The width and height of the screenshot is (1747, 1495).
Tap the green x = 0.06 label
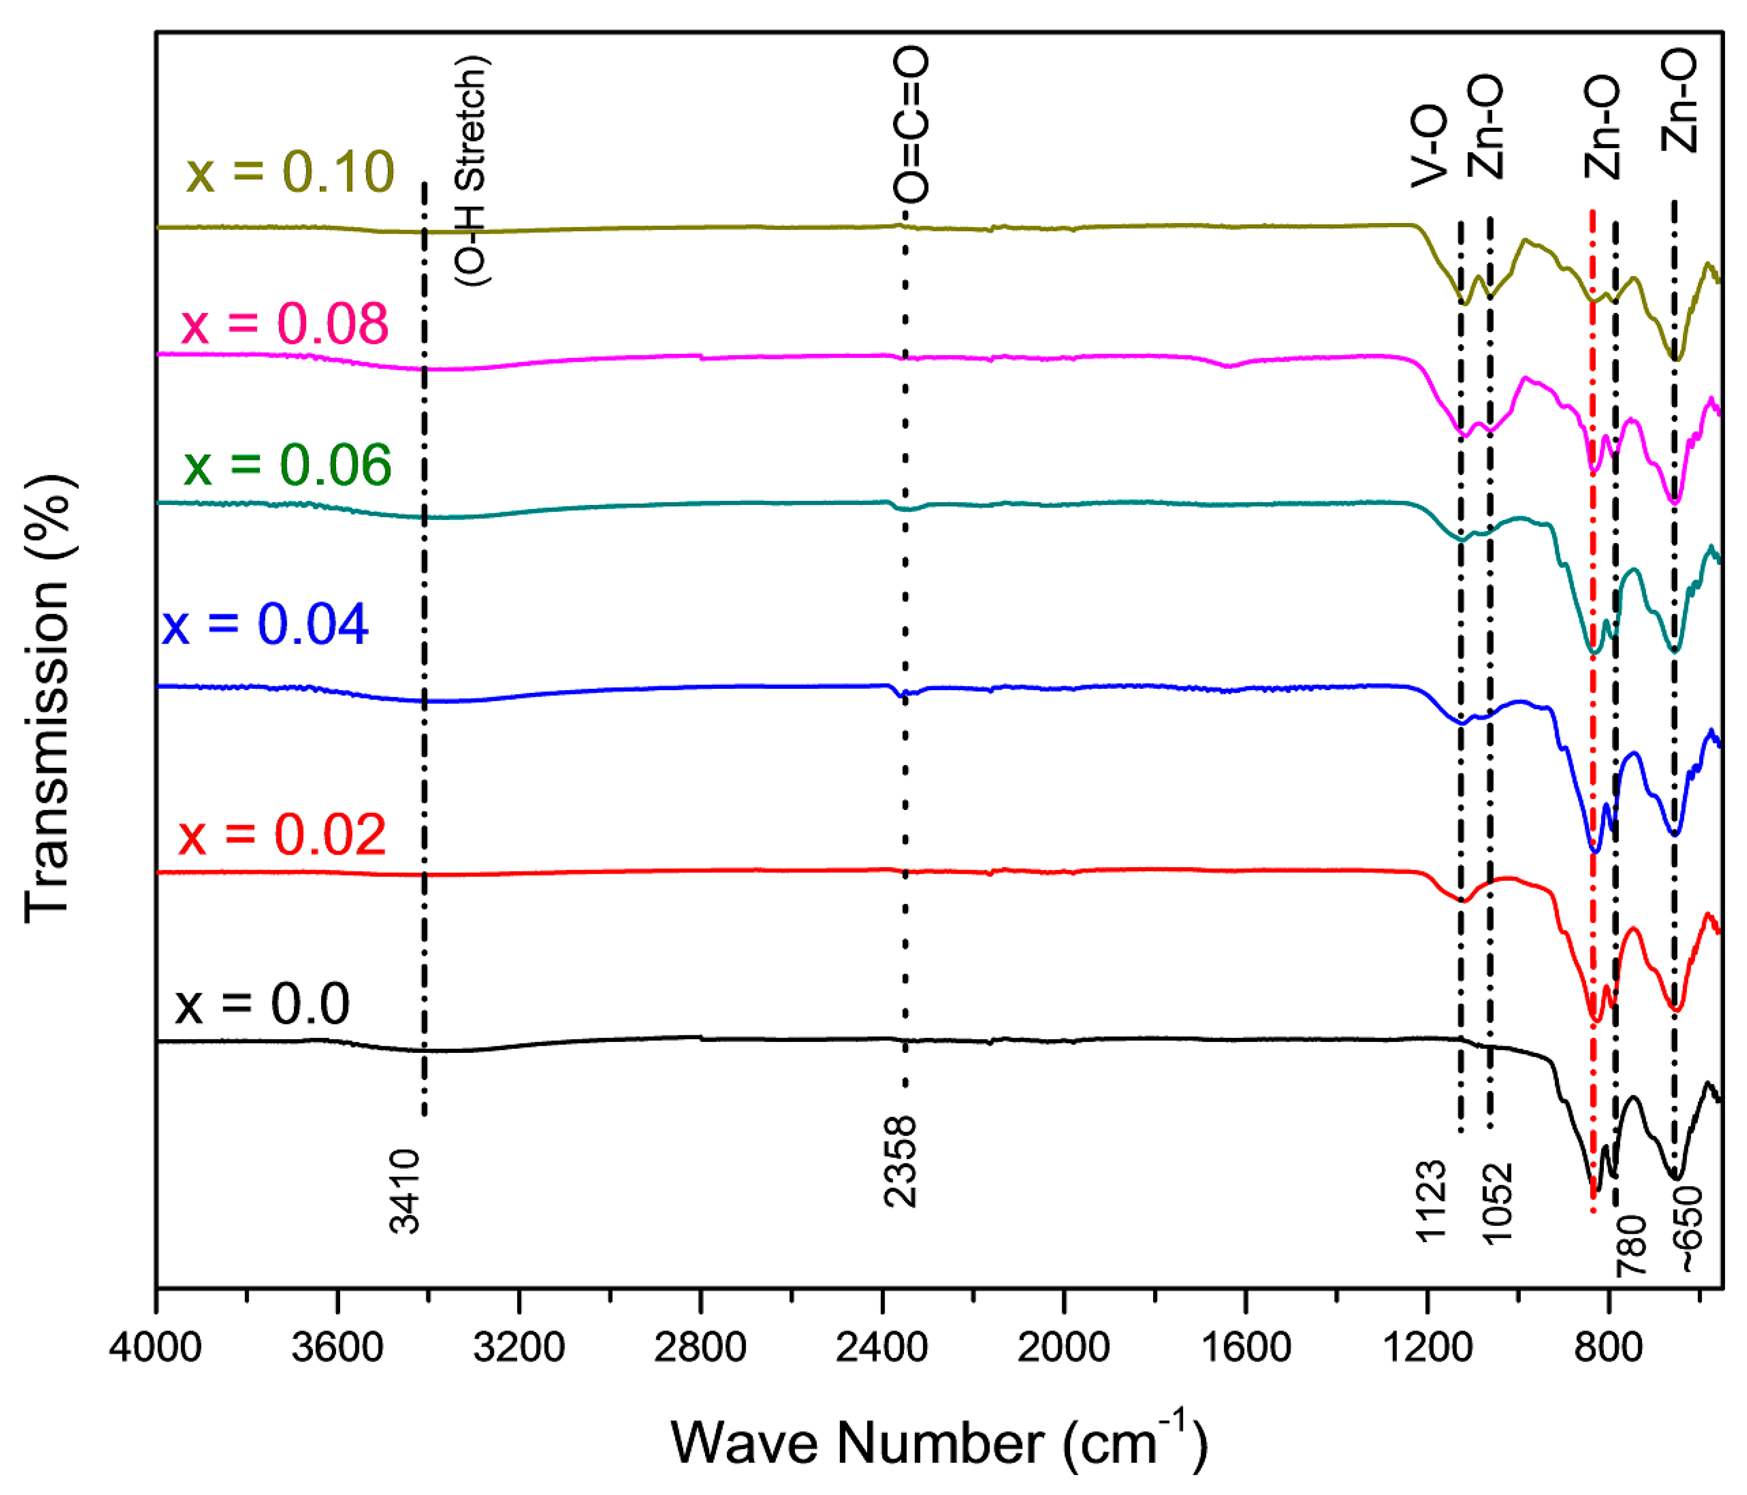point(288,465)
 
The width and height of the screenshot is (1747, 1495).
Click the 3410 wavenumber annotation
point(405,1191)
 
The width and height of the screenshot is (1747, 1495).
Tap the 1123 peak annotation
point(1432,1202)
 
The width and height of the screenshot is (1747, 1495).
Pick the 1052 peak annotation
point(1498,1203)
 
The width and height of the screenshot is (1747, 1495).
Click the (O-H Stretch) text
point(472,171)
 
